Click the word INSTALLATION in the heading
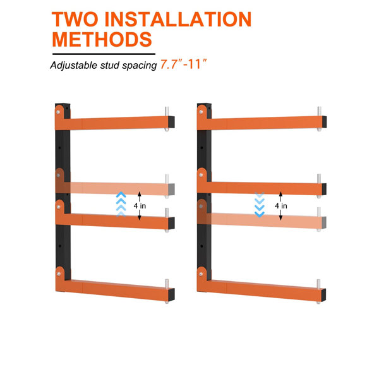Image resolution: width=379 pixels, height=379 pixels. pos(178,20)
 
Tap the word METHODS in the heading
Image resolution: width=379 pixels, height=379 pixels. pos(102,39)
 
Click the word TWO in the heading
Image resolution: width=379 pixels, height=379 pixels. pos(75,20)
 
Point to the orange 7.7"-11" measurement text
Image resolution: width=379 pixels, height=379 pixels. pos(183,64)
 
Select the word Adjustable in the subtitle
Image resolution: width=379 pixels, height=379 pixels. pos(73,66)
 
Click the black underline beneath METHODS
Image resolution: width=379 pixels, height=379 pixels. pos(104,54)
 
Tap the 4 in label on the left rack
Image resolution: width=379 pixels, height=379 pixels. pos(140,206)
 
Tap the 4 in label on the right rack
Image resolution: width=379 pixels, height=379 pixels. pos(281,206)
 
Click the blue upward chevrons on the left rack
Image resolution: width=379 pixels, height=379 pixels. pos(121,204)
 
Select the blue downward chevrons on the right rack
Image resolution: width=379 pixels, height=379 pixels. pos(260,205)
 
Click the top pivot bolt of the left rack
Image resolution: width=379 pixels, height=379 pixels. pos(58,112)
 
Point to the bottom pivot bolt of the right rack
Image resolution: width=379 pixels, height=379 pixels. pos(201,274)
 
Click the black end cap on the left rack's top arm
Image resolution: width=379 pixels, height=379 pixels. pos(171,122)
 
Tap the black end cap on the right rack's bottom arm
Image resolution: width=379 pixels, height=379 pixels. pos(323,295)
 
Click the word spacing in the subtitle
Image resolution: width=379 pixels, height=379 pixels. pos(140,66)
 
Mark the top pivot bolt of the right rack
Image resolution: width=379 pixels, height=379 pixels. pos(201,112)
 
